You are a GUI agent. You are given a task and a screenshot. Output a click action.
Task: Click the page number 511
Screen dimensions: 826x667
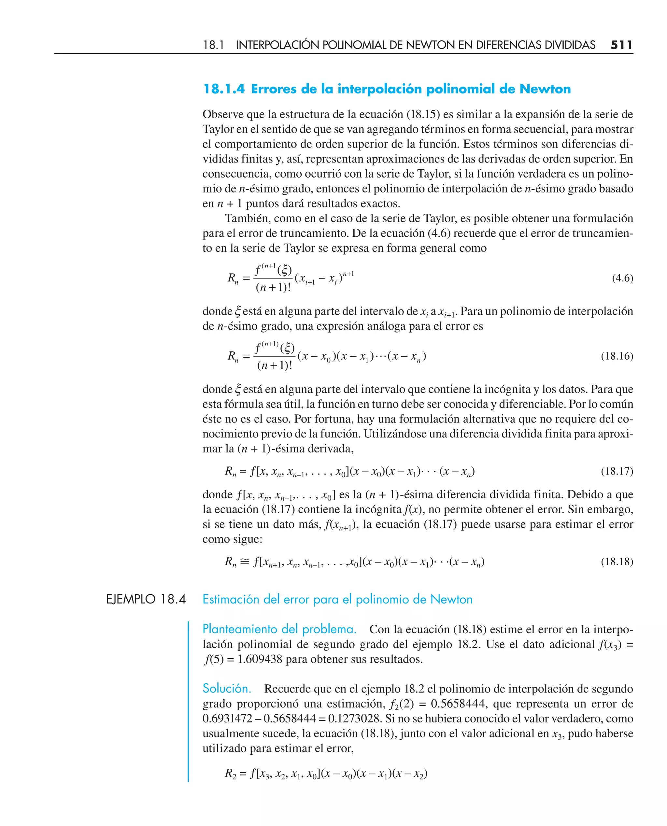point(621,45)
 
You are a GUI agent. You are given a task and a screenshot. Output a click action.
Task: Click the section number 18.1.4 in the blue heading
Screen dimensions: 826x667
point(224,89)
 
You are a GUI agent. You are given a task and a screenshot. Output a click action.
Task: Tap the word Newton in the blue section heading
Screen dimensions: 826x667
point(545,89)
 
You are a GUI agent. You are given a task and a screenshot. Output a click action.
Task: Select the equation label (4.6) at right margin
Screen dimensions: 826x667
point(622,278)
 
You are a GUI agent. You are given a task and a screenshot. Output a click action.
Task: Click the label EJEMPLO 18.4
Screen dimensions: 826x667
point(146,599)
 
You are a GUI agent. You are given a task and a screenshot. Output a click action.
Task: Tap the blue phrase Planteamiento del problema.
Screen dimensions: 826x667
point(279,629)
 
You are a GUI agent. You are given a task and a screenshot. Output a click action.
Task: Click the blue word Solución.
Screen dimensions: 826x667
point(227,689)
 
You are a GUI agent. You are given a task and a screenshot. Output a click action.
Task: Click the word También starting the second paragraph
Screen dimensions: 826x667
point(248,218)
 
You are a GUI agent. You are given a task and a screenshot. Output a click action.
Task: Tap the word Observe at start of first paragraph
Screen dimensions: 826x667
point(223,115)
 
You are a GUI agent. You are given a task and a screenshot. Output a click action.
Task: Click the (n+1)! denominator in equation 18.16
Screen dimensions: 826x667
point(274,365)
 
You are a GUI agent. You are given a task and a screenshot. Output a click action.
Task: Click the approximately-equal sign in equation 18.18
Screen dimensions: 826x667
point(245,562)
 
